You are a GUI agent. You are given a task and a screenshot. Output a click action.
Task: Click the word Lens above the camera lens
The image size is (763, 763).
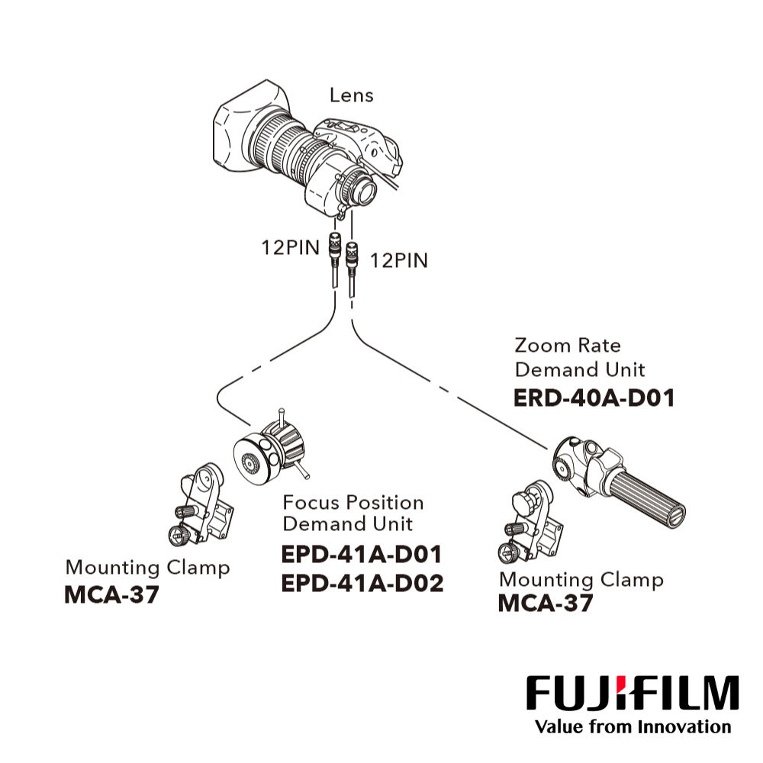[x=352, y=95]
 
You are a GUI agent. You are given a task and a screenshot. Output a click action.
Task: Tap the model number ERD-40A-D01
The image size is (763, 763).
[x=594, y=398]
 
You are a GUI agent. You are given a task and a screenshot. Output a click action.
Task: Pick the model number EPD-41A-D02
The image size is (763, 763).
[x=362, y=583]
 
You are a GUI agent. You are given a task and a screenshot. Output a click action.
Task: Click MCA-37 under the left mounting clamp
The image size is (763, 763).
[x=112, y=594]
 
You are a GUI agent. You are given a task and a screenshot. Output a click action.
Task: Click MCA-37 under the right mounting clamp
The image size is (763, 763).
[x=546, y=604]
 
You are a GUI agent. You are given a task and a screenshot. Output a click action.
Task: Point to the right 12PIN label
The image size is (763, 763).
[x=399, y=260]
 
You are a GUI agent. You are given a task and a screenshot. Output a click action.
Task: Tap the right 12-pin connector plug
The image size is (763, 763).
[x=353, y=253]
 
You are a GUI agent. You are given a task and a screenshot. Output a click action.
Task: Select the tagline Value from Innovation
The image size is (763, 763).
[x=633, y=726]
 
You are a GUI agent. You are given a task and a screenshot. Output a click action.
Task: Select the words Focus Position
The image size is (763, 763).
[x=353, y=503]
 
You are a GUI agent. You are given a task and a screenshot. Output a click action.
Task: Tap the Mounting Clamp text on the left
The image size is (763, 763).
[x=147, y=568]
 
